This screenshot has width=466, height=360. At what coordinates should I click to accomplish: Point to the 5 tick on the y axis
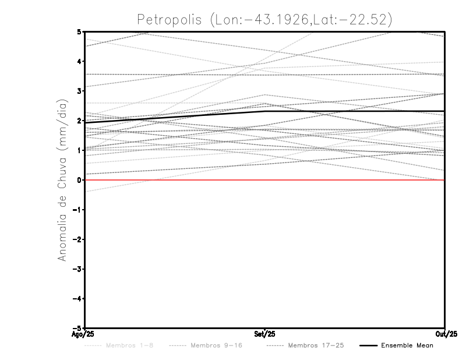coord(79,31)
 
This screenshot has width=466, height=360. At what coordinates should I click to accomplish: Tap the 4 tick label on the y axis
coord(79,61)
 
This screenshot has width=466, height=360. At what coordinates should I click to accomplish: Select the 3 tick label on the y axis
coord(79,91)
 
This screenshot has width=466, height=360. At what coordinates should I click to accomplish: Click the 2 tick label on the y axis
coord(79,121)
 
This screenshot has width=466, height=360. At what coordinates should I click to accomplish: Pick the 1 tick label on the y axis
coord(79,150)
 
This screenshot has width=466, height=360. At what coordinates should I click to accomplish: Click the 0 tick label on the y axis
coord(79,180)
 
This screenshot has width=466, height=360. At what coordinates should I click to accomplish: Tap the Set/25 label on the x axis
coord(265,334)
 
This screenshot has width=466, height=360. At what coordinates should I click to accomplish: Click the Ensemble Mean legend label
coord(407,346)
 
